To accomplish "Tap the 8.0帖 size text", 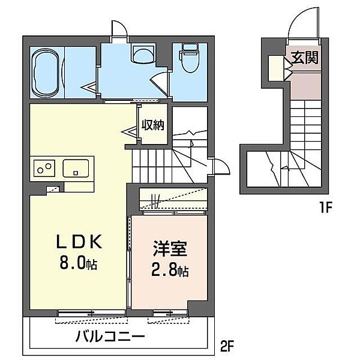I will [78, 263].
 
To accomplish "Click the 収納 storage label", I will [153, 125].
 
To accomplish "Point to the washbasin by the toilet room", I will [142, 55].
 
